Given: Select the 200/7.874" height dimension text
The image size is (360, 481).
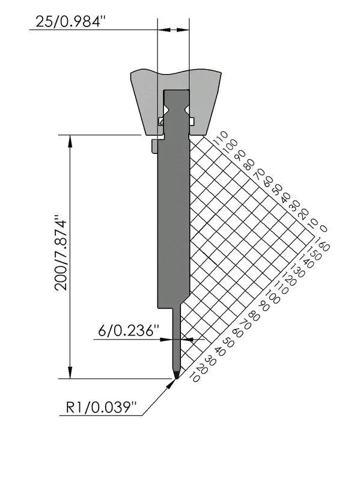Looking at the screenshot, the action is click(x=61, y=253).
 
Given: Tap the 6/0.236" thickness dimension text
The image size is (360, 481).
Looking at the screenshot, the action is click(x=129, y=331).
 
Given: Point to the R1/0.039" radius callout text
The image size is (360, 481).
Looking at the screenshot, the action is click(x=100, y=408).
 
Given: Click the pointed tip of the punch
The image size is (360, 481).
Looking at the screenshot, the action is click(x=176, y=379).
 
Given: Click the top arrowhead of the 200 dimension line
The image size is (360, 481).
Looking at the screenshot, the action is click(x=70, y=139).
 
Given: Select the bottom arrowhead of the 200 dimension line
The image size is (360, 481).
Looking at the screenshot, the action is click(x=70, y=373).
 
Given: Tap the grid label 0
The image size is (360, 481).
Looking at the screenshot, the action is click(x=323, y=229).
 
